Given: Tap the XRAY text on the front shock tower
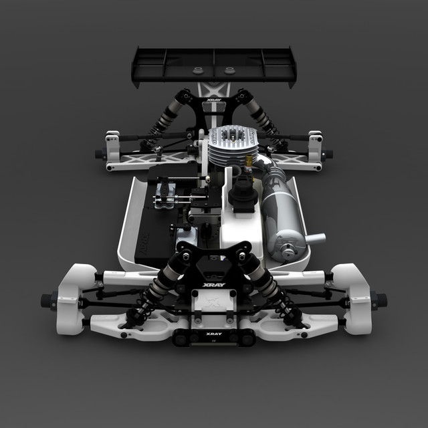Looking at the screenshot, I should tap(214, 284).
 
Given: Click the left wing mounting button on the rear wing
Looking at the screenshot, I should tap(198, 70).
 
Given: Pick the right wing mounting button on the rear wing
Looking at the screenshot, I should tap(229, 70).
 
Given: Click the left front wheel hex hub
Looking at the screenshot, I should tap(48, 298).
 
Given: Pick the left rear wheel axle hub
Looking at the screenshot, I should tap(100, 154).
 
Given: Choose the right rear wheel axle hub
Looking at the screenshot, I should tap(327, 154).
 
